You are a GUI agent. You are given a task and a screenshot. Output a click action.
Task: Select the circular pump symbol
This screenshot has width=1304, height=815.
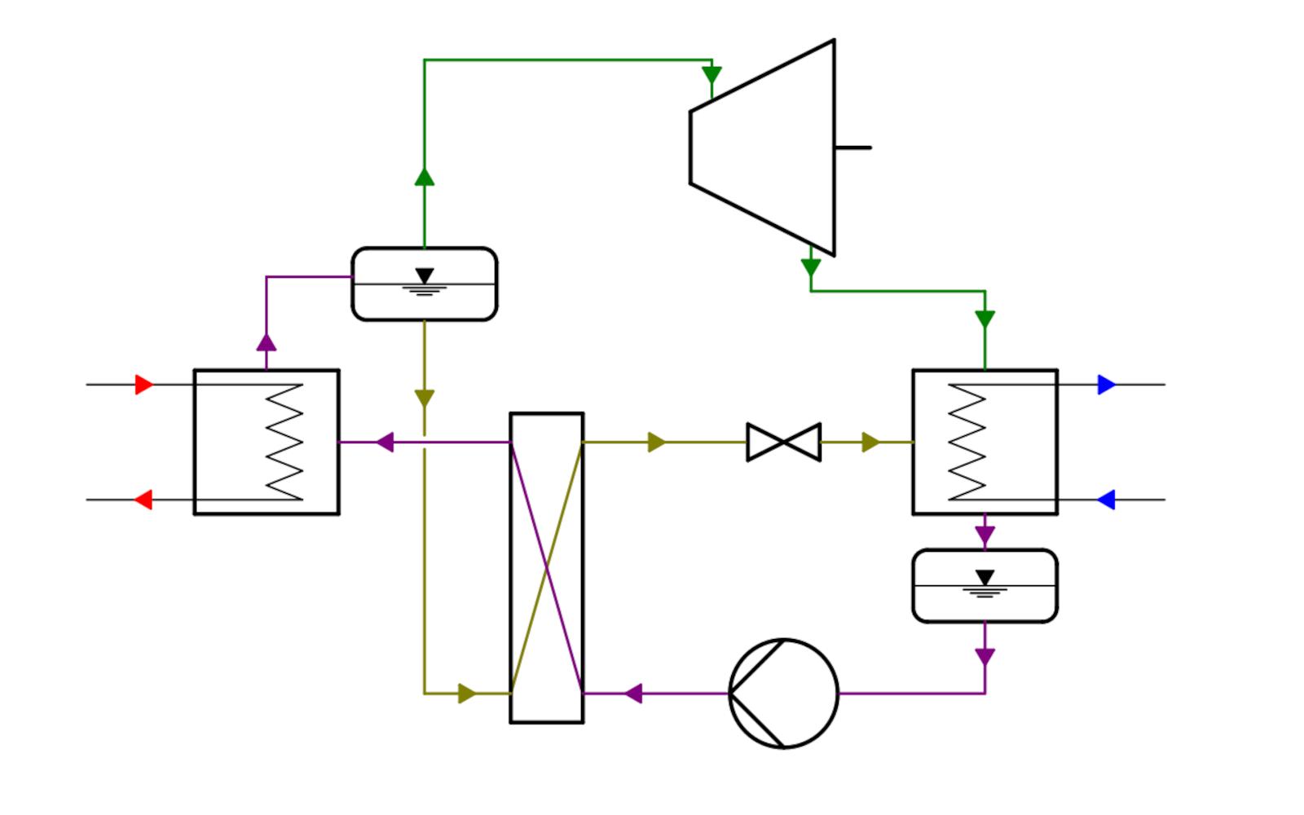(783, 694)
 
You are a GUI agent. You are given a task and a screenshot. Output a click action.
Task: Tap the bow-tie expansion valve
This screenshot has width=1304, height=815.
(783, 443)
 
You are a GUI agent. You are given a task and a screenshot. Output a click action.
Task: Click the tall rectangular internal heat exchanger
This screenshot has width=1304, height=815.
(547, 568)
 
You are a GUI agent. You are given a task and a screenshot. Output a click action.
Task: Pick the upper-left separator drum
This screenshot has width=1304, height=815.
(424, 284)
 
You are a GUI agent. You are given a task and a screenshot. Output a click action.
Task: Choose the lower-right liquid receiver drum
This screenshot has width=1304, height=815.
(985, 586)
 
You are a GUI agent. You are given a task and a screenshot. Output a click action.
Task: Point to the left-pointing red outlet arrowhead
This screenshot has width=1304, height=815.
(143, 500)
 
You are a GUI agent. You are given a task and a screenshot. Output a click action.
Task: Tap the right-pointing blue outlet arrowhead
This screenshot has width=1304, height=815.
(1106, 385)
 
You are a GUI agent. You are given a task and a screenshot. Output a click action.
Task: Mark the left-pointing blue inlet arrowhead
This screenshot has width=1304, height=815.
(1106, 500)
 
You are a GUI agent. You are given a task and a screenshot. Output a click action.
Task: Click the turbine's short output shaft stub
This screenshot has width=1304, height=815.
(853, 148)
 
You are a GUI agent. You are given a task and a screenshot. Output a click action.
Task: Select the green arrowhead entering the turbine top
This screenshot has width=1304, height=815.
(711, 76)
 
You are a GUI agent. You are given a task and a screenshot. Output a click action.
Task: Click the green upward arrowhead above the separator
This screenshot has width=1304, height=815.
(425, 177)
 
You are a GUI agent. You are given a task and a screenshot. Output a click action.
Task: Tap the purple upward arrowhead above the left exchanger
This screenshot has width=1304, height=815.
(267, 341)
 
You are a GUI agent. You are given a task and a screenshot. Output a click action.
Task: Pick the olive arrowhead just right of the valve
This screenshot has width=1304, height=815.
(870, 443)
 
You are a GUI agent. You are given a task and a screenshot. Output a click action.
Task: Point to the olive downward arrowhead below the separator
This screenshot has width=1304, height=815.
(425, 399)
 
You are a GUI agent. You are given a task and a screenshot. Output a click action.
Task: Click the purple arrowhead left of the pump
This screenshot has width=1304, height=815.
(633, 694)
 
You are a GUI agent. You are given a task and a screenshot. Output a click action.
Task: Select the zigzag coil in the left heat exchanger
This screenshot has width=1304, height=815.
(284, 442)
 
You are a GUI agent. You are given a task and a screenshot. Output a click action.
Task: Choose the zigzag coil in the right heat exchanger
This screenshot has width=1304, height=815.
(967, 442)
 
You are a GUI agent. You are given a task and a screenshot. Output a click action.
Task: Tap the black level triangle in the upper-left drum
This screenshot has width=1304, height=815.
(425, 276)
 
